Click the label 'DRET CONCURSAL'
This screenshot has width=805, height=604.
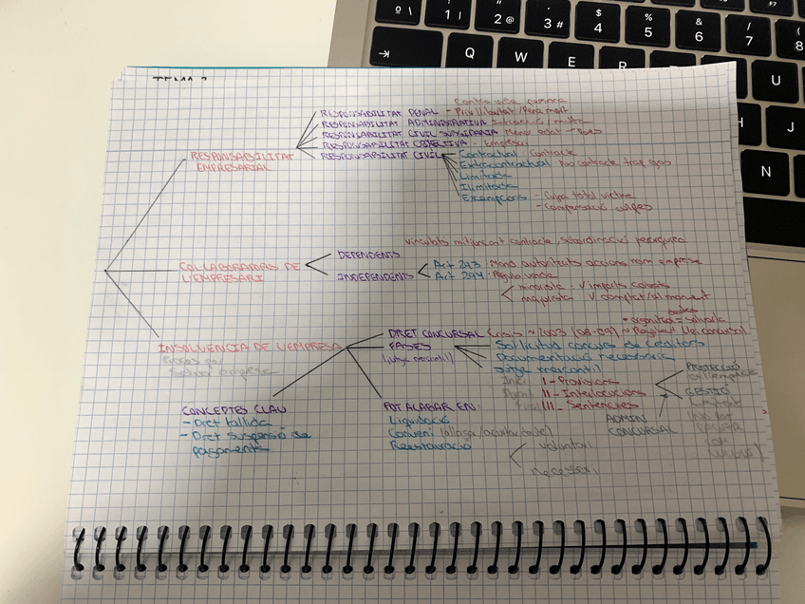[432, 333]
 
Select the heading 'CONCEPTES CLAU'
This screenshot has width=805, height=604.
[222, 410]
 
